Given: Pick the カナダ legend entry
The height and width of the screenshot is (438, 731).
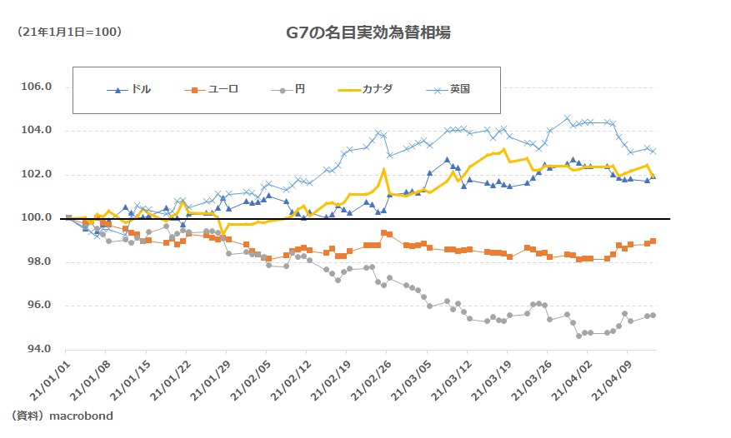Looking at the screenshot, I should [x=376, y=89].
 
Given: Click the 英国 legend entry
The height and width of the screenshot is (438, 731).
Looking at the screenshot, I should [x=459, y=89].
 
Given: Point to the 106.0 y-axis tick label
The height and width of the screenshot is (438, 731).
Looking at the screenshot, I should [x=36, y=87].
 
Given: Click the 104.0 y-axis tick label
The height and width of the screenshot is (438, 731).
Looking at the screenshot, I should [x=36, y=131].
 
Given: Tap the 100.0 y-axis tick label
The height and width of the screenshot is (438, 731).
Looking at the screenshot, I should [x=36, y=218].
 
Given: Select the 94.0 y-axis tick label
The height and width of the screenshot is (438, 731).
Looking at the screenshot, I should [x=36, y=349].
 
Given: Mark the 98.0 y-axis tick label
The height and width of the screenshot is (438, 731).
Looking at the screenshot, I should [x=36, y=261].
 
